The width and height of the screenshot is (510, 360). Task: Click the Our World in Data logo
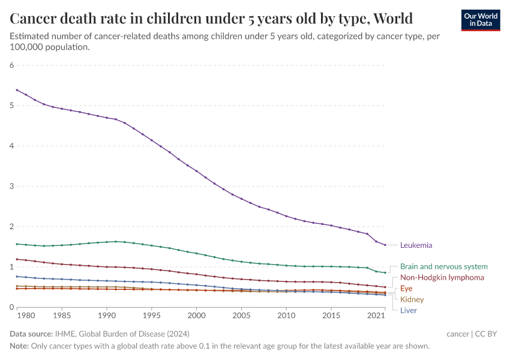coord(480,20)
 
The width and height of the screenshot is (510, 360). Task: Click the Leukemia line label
coord(416,245)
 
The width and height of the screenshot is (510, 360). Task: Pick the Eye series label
coord(406,289)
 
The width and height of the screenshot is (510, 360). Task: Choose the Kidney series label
coord(412,299)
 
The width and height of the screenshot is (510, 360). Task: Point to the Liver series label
coord(408,310)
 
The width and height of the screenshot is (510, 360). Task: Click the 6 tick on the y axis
coord(11,65)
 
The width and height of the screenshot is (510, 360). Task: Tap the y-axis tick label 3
coord(11,186)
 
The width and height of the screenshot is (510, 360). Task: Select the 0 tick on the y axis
coord(11,307)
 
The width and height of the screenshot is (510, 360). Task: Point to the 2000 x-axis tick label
coord(196,315)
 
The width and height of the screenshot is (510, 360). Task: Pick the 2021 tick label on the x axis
coord(376,315)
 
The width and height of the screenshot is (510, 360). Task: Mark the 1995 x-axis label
coord(151,315)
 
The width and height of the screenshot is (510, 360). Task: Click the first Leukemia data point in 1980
coord(17,90)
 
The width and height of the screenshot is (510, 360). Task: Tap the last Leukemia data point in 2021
coord(385,245)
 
